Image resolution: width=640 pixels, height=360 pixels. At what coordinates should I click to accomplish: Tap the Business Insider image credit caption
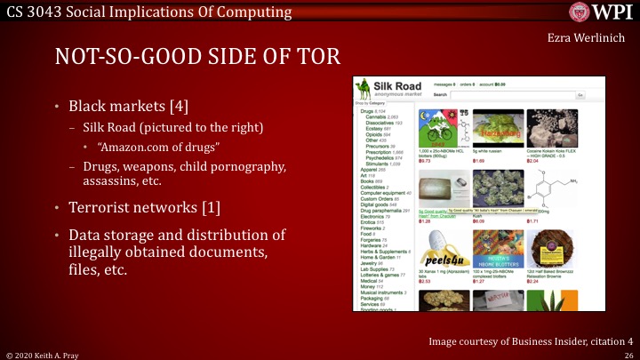point(530,340)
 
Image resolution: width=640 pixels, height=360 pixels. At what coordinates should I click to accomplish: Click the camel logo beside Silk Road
point(364,89)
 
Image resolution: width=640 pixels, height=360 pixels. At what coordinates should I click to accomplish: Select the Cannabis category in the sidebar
point(376,116)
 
